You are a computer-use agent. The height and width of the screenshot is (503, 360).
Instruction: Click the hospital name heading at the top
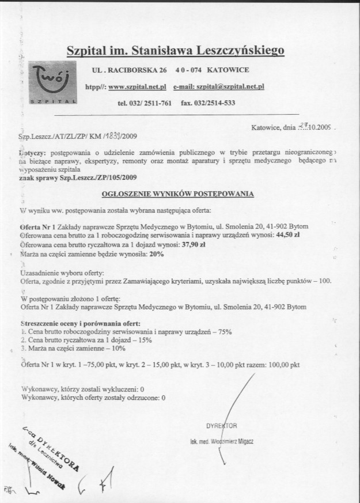tap(176, 51)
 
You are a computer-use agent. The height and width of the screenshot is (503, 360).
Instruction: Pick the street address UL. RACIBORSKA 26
tap(130, 70)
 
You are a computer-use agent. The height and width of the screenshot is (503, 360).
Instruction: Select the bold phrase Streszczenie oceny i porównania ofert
tap(80, 324)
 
